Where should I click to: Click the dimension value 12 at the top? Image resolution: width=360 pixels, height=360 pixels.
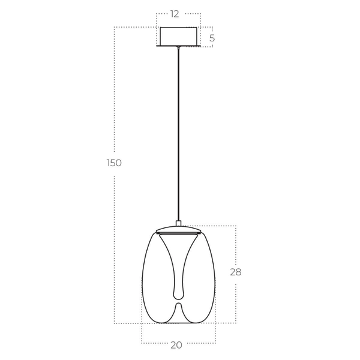(175, 14)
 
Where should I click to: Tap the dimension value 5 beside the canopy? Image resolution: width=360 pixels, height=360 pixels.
(212, 38)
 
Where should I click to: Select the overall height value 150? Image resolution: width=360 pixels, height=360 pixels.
(114, 163)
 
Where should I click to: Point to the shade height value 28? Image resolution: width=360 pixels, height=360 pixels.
(236, 272)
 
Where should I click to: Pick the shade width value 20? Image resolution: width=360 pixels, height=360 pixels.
(176, 344)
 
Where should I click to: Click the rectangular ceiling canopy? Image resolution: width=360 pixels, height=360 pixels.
(178, 36)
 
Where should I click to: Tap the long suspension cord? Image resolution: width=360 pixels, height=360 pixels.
(178, 132)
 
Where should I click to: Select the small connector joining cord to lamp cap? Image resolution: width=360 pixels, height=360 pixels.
(178, 223)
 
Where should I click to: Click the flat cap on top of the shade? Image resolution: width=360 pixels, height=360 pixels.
(178, 230)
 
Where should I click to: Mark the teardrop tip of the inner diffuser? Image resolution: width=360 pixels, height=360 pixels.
(178, 293)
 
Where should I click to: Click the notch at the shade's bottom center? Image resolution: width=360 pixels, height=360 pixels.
(178, 307)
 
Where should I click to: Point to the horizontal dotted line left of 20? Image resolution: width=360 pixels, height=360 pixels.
(153, 343)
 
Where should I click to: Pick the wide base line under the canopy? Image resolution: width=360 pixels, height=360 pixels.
(178, 46)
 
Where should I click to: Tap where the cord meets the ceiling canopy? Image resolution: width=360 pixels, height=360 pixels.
(178, 47)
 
